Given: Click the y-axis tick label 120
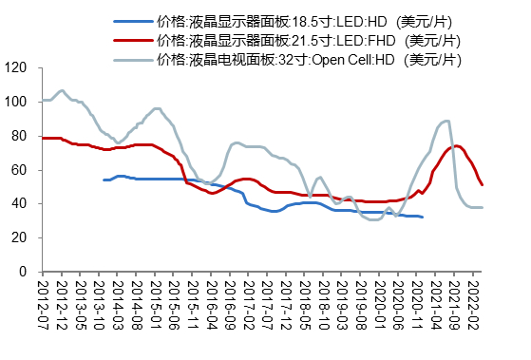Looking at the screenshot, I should (x=15, y=67).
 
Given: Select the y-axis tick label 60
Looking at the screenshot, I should (x=18, y=170).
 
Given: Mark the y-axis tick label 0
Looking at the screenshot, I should (x=22, y=272).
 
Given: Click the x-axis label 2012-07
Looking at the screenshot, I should (x=41, y=303).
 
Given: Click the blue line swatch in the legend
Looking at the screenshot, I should (x=132, y=21).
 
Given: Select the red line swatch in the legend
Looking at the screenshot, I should (x=132, y=40).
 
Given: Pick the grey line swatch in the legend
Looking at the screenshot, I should (x=132, y=59).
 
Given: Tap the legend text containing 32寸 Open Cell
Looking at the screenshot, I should (x=310, y=59).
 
